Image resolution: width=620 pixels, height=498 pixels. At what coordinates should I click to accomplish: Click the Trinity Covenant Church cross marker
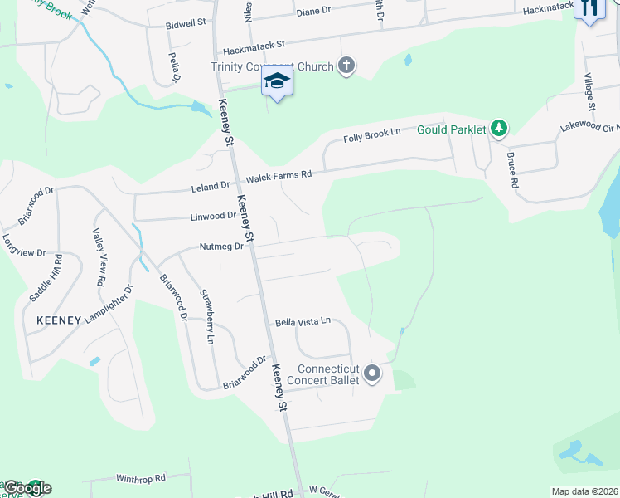tap(346, 66)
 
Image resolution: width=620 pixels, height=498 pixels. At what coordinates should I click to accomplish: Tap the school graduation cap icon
tap(277, 81)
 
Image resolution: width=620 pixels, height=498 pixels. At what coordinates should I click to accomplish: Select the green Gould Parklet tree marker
tap(498, 128)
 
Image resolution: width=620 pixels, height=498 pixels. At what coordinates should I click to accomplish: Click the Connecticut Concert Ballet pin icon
tap(372, 373)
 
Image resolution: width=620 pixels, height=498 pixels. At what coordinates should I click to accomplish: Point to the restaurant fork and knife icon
tap(589, 8)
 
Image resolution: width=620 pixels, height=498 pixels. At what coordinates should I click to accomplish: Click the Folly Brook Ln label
tap(372, 136)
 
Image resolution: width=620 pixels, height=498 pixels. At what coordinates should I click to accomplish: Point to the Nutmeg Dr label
tap(220, 247)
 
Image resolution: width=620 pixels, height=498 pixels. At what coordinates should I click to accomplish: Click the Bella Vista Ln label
tap(303, 320)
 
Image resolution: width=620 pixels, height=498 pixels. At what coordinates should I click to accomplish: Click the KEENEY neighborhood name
tap(59, 320)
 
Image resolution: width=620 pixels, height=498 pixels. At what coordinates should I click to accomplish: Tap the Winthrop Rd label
tap(141, 478)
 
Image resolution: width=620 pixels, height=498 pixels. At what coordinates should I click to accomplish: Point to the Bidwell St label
tap(186, 22)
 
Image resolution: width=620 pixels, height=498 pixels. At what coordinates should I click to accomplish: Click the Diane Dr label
tap(313, 12)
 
